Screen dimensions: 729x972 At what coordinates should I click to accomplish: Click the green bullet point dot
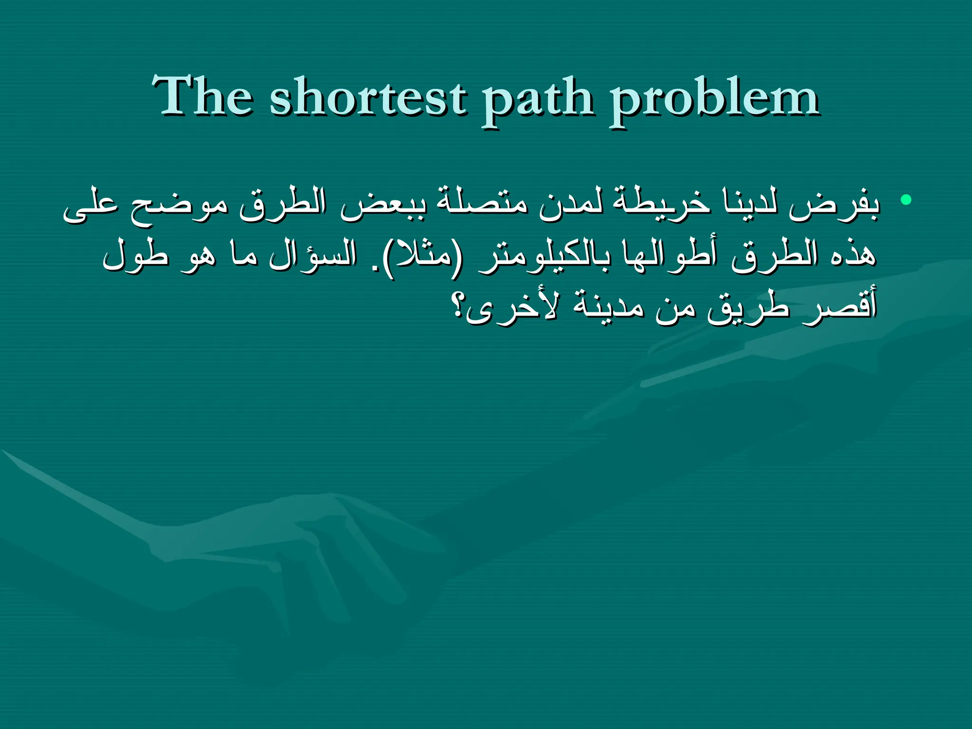point(906,199)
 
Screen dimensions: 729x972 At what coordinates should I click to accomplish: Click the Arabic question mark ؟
point(458,308)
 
